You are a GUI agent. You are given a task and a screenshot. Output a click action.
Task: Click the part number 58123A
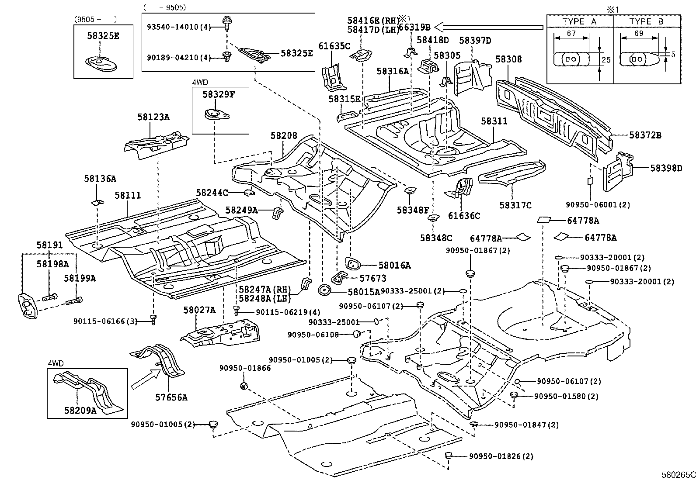click(x=153, y=117)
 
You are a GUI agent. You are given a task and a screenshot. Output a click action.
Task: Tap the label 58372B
click(x=645, y=135)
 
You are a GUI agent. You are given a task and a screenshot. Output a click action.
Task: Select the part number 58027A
click(x=199, y=311)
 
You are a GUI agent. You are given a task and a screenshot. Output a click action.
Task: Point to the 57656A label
click(x=171, y=397)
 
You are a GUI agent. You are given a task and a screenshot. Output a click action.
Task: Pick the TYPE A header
click(x=580, y=21)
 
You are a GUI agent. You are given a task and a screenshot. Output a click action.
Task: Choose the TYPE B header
click(x=647, y=21)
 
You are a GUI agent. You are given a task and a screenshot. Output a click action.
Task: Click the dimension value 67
click(x=571, y=34)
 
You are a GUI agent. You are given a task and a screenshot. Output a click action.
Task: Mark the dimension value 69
click(x=638, y=34)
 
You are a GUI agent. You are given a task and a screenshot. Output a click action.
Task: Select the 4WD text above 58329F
click(x=200, y=82)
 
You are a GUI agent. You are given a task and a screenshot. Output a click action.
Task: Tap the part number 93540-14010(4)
click(x=179, y=27)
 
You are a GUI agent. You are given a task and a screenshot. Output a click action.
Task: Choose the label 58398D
click(x=665, y=168)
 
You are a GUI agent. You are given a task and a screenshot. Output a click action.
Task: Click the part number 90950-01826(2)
click(x=501, y=456)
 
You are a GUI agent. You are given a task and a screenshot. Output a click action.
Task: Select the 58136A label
click(x=100, y=179)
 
